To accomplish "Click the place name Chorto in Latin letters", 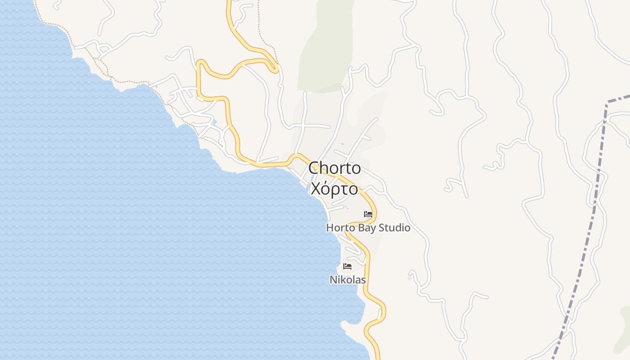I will tap(334, 168).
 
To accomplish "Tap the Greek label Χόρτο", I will tap(334, 189).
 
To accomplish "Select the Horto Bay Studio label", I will tap(368, 228).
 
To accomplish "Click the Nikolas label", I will tap(347, 280).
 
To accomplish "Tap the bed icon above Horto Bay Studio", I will tap(368, 214).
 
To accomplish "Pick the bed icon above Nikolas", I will tap(347, 266).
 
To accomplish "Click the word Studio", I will tap(394, 228).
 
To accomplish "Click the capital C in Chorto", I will tap(314, 168).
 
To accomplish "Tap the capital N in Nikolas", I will tap(333, 280).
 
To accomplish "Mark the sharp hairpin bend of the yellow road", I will tap(275, 67).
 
